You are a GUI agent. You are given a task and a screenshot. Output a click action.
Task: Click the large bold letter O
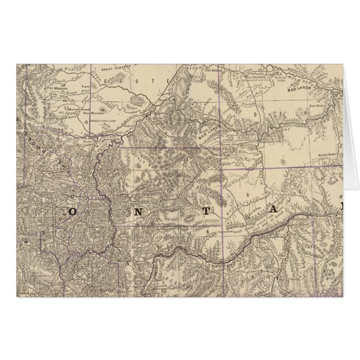point(73,212)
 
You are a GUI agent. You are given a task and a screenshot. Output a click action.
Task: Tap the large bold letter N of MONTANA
point(138,212)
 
